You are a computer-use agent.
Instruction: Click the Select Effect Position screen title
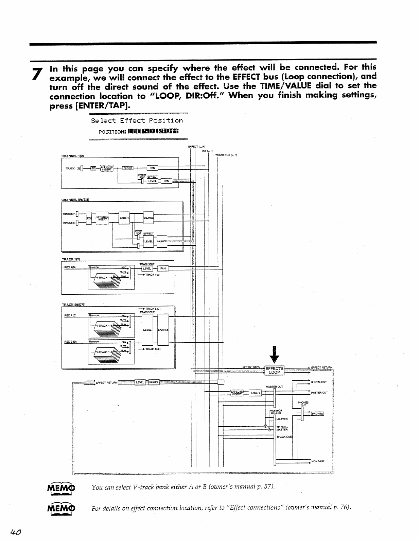coord(137,120)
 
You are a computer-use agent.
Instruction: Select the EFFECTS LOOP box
coord(274,370)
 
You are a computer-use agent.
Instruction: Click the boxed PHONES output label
coord(317,414)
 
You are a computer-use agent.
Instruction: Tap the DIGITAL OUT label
coord(319,382)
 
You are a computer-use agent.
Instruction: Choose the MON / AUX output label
coord(318,461)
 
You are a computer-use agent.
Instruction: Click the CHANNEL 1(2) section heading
coord(72,156)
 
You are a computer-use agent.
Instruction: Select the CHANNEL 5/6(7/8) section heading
coord(75,200)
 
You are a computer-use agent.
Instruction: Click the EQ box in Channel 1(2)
coord(93,168)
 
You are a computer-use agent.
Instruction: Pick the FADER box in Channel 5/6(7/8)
coord(124,218)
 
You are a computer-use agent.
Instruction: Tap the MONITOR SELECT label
coord(276,412)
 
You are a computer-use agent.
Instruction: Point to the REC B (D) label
coord(70,341)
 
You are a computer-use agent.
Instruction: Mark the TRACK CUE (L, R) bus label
coord(226,155)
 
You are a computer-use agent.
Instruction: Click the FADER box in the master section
coord(255,393)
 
